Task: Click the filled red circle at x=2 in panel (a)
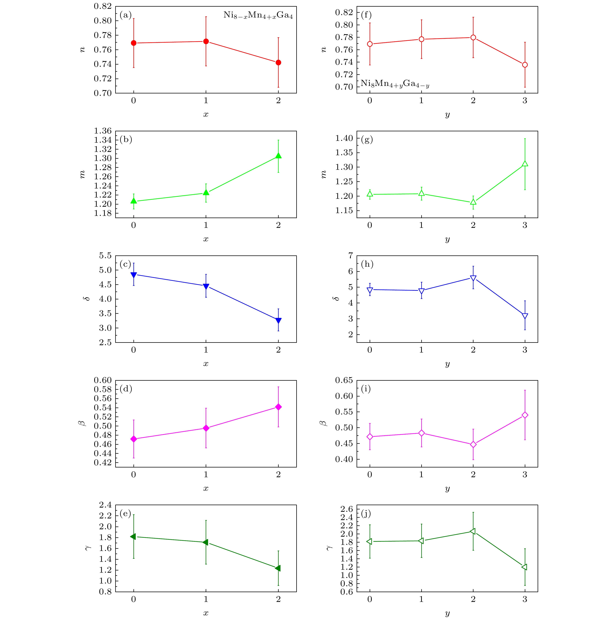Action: pyautogui.click(x=278, y=63)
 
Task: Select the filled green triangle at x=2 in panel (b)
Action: pyautogui.click(x=278, y=156)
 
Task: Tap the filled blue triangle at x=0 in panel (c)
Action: pyautogui.click(x=133, y=275)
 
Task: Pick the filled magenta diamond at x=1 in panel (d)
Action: pyautogui.click(x=206, y=428)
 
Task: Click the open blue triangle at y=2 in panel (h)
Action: pyautogui.click(x=473, y=278)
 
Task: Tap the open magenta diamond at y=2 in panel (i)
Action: pyautogui.click(x=473, y=444)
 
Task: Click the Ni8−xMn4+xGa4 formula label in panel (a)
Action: pyautogui.click(x=258, y=15)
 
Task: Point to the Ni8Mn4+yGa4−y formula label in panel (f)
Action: pyautogui.click(x=395, y=84)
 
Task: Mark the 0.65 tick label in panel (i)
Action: pyautogui.click(x=344, y=380)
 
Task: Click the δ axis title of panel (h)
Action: pyautogui.click(x=336, y=299)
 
